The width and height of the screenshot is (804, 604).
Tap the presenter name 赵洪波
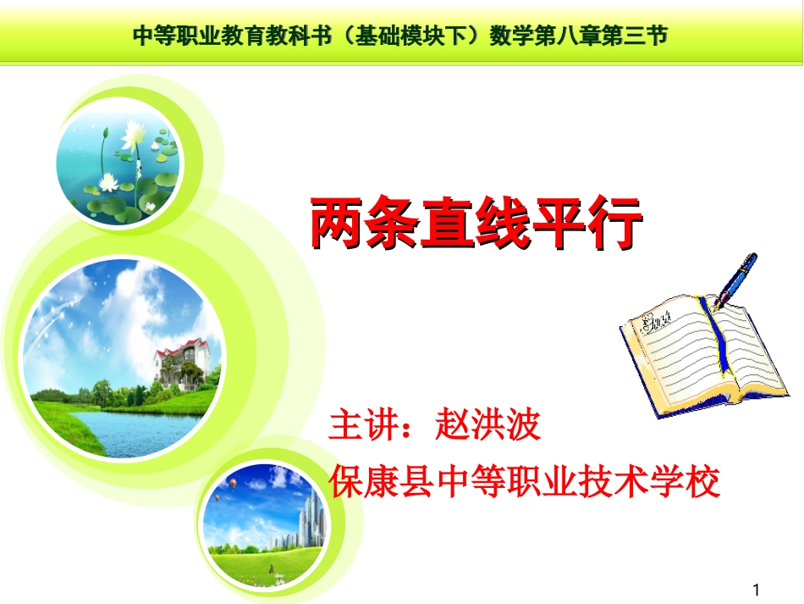point(487,424)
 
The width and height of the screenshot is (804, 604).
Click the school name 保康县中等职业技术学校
point(525,481)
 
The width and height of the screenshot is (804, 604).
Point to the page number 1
point(757,589)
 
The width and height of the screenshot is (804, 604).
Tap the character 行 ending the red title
point(614,224)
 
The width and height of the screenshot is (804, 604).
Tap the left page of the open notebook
point(669,343)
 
